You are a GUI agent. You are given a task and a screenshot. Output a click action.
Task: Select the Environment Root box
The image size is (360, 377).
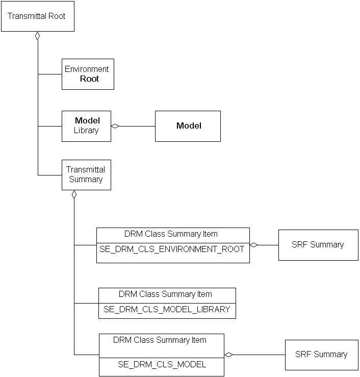pos(88,74)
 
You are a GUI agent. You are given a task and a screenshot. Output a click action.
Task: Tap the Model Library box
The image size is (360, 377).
pos(86,126)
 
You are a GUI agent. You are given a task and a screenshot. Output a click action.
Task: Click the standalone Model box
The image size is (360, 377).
pos(188,126)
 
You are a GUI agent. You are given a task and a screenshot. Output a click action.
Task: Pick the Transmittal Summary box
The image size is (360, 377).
pos(86,175)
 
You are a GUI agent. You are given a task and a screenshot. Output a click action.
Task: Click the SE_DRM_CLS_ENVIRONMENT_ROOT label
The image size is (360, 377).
pos(173,249)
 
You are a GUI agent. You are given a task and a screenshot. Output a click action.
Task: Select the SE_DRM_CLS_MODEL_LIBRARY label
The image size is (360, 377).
pos(167,309)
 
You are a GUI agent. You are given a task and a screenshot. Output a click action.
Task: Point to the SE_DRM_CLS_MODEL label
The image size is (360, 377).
pos(162,364)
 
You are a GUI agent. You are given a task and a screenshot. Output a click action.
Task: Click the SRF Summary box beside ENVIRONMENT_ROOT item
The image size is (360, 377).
pos(318,245)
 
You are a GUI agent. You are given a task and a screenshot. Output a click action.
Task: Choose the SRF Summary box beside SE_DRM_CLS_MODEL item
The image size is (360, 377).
pos(321,354)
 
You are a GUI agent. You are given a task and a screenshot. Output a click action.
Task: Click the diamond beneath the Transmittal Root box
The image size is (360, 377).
pos(37,36)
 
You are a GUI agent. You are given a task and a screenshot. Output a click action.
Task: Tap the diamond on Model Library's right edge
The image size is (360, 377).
pos(115,126)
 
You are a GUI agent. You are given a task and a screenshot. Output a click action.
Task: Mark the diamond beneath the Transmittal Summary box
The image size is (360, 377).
pos(74,194)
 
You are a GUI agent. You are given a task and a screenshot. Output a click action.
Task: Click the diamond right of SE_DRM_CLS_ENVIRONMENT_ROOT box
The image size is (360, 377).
pos(253,245)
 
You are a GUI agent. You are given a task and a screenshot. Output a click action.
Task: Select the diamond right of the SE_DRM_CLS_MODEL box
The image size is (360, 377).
pos(228,354)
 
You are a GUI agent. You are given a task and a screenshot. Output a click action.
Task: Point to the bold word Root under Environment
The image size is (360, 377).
pos(89,79)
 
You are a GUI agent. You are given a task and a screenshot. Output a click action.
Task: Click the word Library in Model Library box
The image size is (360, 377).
pos(86,131)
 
